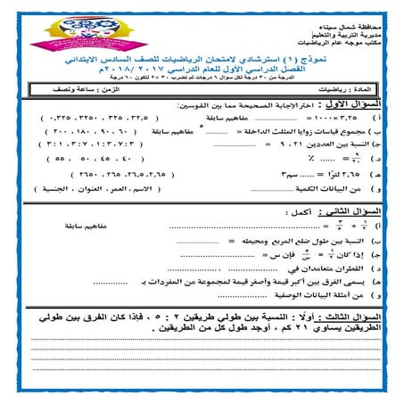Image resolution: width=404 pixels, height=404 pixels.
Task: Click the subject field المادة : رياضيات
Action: point(340,91)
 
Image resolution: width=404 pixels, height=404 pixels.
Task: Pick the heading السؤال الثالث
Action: point(352,317)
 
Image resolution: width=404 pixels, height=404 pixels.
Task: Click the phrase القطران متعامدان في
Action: point(334,267)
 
